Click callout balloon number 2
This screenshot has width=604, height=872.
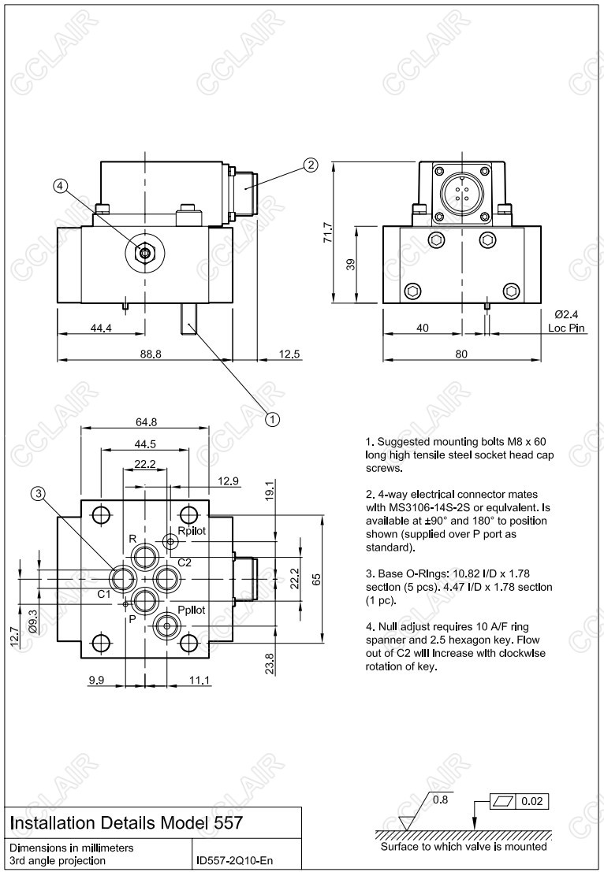click(x=311, y=165)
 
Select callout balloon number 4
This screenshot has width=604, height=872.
click(x=62, y=187)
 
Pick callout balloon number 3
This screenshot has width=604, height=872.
click(x=39, y=494)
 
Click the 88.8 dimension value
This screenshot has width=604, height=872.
click(x=151, y=354)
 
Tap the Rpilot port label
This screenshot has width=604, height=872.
click(x=192, y=531)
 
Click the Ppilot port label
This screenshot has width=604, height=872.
click(x=191, y=610)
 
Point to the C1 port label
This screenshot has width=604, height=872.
click(x=104, y=594)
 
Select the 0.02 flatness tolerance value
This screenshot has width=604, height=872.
click(x=531, y=801)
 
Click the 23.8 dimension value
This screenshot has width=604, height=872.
click(x=270, y=663)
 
